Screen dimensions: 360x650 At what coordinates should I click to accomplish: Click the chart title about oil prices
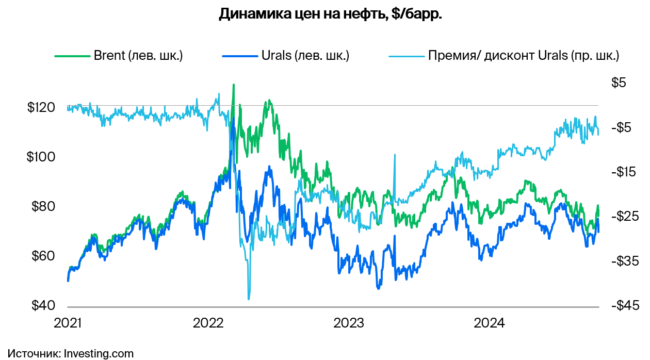coord(330,14)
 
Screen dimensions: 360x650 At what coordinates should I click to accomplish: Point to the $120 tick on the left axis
coord(41,108)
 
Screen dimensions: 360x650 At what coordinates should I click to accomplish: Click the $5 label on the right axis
coord(619,83)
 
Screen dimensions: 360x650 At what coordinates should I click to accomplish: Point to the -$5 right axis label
coord(623,127)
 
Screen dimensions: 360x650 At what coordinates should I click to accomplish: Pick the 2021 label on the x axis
coord(68,323)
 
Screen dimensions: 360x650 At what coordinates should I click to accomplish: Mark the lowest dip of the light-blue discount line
coord(249,299)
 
